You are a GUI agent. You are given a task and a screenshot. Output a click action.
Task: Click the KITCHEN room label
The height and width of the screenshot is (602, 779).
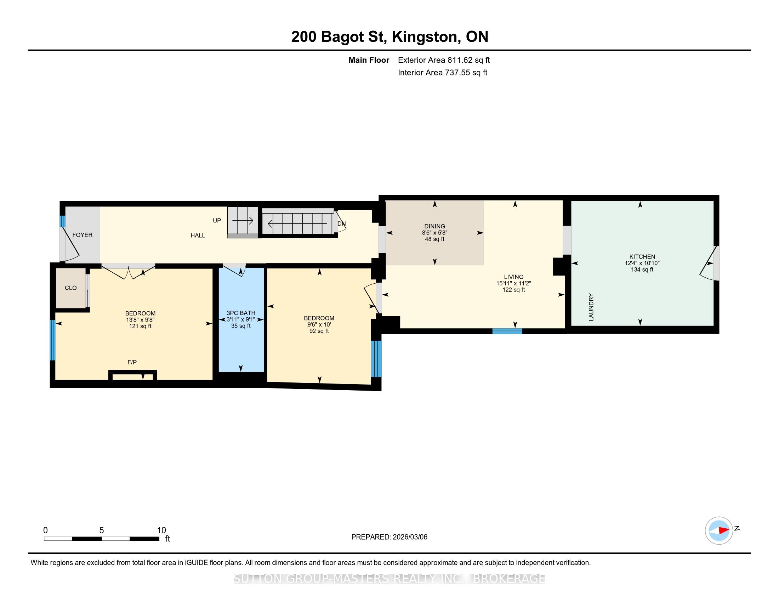(642, 256)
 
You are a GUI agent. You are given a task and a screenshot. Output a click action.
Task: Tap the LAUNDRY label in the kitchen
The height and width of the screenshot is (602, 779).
(591, 307)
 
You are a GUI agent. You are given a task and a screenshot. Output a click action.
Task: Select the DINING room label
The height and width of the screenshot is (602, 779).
(434, 226)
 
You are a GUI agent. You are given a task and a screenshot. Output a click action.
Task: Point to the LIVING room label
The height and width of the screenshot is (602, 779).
(514, 277)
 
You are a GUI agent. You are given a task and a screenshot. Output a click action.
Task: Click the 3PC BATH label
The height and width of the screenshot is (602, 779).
(241, 313)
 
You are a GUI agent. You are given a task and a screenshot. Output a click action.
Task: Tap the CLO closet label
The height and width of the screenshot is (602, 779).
(70, 288)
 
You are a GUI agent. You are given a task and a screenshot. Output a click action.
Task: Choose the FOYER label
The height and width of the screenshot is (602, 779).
(83, 235)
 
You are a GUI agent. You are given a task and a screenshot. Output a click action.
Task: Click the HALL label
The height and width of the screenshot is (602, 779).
(198, 235)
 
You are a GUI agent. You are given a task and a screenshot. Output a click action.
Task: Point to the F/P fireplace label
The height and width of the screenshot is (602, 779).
(132, 362)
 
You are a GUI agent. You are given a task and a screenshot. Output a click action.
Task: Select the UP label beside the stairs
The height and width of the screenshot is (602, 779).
(217, 220)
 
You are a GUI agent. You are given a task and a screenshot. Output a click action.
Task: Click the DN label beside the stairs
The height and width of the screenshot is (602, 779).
(342, 224)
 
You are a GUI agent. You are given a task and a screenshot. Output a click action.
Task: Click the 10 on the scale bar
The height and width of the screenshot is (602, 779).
(161, 530)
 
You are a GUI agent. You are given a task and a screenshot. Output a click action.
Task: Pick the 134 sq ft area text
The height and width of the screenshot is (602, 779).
(642, 269)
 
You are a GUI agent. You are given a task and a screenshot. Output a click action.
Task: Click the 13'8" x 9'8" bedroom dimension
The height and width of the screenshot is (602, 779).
(140, 320)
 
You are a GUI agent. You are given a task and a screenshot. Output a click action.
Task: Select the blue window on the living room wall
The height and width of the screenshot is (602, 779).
(507, 331)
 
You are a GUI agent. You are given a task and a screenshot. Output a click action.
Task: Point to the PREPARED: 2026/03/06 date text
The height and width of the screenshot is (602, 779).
(389, 537)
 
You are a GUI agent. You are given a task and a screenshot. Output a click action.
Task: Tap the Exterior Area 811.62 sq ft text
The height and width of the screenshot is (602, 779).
(444, 60)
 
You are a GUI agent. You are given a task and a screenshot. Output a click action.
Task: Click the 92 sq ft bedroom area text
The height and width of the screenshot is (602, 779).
(319, 331)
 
